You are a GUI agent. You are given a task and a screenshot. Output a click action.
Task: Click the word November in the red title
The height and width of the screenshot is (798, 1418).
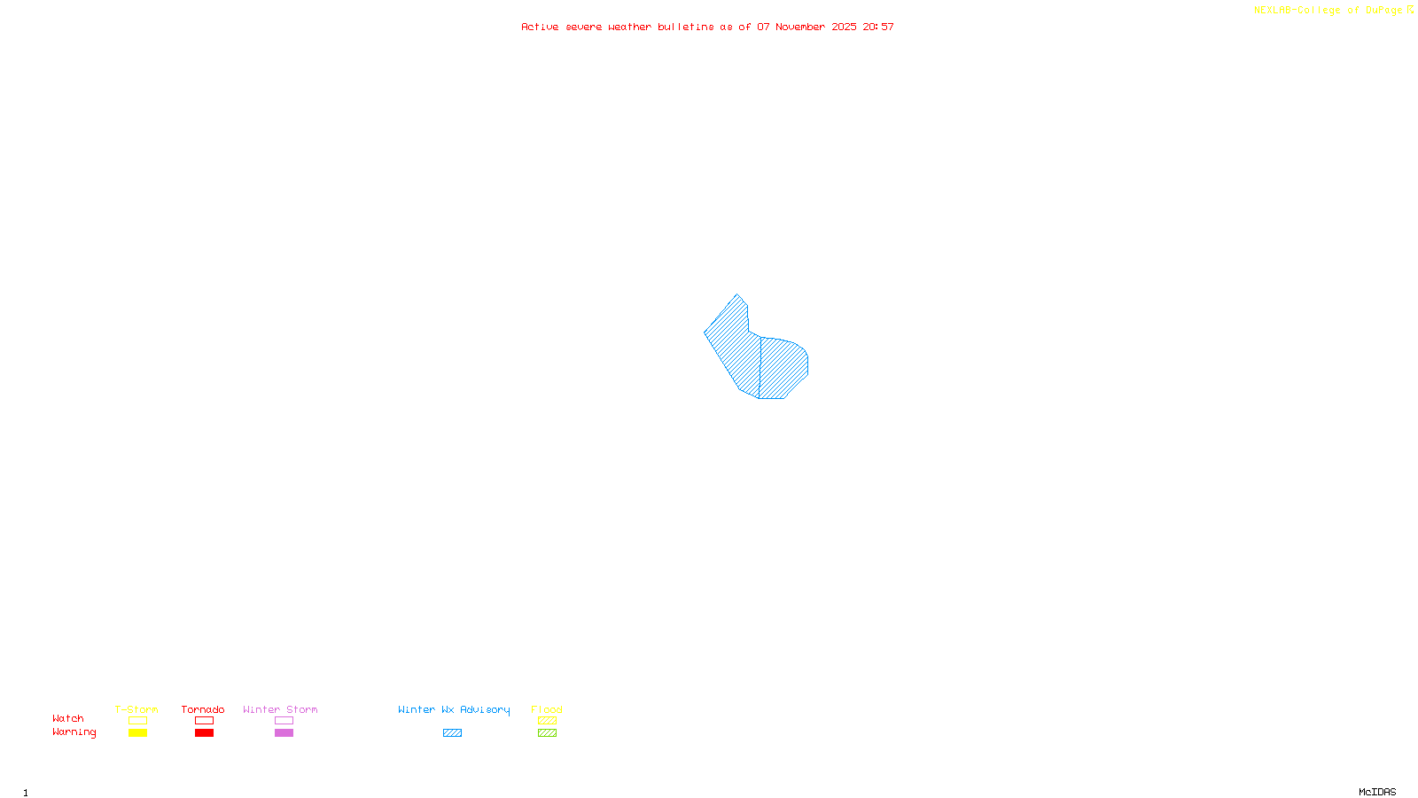[x=800, y=27]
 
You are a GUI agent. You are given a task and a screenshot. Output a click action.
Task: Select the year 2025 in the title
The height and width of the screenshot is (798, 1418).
[x=844, y=27]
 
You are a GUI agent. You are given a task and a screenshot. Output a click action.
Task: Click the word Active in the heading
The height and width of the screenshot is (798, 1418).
[x=540, y=27]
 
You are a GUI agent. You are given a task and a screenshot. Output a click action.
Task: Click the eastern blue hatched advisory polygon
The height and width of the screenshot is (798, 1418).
[x=783, y=367]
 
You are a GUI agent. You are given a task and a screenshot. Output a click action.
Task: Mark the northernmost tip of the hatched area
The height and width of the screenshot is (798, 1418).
[x=736, y=295]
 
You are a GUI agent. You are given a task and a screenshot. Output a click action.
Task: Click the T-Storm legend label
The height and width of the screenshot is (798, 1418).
[x=136, y=709]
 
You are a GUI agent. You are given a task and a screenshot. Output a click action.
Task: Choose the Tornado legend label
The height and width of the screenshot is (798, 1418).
[x=203, y=709]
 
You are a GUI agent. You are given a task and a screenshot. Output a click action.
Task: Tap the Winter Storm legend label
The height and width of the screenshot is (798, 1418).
[x=280, y=709]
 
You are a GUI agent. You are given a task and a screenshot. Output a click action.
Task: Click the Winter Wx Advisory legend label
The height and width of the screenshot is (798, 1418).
[x=454, y=709]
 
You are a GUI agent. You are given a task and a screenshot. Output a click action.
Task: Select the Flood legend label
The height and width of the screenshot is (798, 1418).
[x=547, y=709]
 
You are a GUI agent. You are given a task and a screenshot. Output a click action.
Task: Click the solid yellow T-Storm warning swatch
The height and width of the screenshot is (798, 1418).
[x=137, y=733]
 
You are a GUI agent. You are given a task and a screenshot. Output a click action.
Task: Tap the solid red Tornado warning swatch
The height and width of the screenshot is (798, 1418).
[x=205, y=733]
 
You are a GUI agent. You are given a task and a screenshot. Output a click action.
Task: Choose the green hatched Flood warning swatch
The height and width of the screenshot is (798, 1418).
[x=548, y=733]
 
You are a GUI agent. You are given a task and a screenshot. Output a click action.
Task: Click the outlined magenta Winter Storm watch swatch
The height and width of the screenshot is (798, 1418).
[x=284, y=721]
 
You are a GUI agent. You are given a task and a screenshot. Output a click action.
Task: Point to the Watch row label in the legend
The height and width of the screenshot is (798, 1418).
[x=68, y=718]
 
